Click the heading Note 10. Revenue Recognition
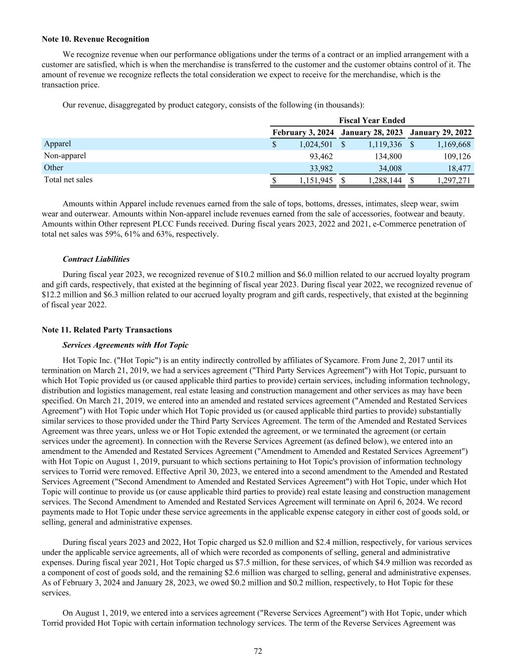pyautogui.click(x=95, y=39)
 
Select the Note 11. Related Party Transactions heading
pyautogui.click(x=107, y=330)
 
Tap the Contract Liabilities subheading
pyautogui.click(x=96, y=259)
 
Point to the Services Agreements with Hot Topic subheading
pyautogui.click(x=125, y=345)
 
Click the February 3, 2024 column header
pyautogui.click(x=303, y=132)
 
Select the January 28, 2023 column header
pyautogui.click(x=372, y=132)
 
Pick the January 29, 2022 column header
pyautogui.click(x=441, y=132)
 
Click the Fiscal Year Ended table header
pyautogui.click(x=372, y=120)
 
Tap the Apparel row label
pyautogui.click(x=57, y=144)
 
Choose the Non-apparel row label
pyautogui.click(x=65, y=156)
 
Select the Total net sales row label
pyautogui.click(x=68, y=180)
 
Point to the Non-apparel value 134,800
pyautogui.click(x=388, y=156)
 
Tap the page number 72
pyautogui.click(x=258, y=651)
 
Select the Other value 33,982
pyautogui.click(x=321, y=169)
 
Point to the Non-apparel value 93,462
pyautogui.click(x=321, y=156)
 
